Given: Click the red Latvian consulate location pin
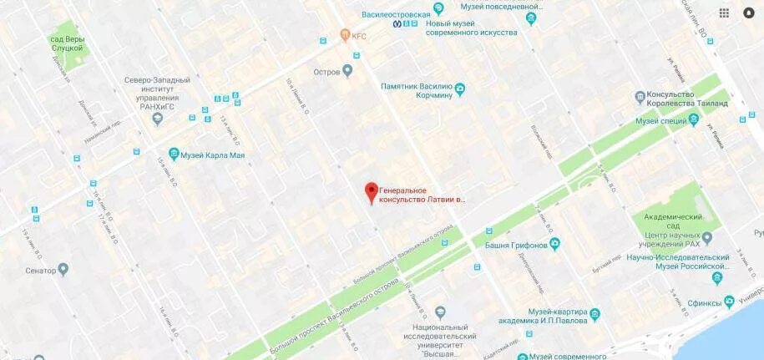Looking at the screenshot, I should click(371, 191).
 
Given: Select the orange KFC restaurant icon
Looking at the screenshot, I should click(344, 35).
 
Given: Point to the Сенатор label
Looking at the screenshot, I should click(40, 270).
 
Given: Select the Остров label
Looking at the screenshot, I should click(326, 72).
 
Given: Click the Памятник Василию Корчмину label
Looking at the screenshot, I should click(417, 90).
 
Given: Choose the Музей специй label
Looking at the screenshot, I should click(661, 121).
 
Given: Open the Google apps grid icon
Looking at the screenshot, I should click(724, 13).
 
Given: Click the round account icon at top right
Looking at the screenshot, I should click(748, 13).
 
